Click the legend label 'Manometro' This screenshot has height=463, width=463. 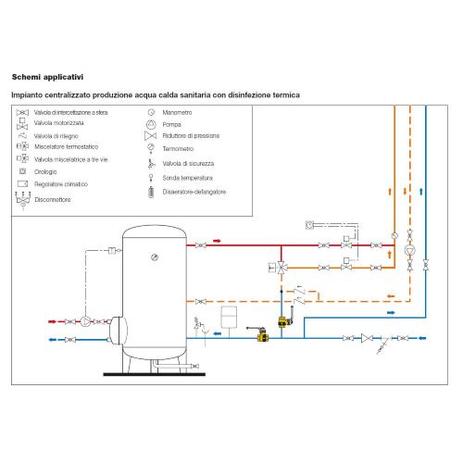(177, 113)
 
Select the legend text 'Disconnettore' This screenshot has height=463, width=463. (53, 200)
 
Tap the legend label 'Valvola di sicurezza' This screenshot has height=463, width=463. (188, 164)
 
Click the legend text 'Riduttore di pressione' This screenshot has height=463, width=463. (191, 136)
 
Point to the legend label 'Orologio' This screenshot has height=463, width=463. (45, 171)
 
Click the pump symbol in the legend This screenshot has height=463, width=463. (151, 124)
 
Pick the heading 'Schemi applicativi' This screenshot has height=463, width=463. (47, 77)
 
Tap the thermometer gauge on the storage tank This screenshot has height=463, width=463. (155, 257)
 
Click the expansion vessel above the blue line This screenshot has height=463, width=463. (229, 317)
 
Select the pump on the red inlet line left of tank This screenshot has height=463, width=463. (85, 321)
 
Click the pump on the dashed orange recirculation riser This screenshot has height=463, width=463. (410, 250)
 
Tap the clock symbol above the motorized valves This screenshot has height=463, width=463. (309, 225)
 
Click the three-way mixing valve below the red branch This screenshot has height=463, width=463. (282, 268)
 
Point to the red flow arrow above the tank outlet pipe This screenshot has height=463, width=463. (218, 241)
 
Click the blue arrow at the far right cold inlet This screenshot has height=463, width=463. (422, 338)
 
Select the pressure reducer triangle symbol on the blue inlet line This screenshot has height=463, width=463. (367, 338)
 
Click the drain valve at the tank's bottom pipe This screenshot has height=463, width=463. (194, 366)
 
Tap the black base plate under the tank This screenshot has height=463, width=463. (155, 374)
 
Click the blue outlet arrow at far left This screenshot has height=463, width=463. (53, 340)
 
